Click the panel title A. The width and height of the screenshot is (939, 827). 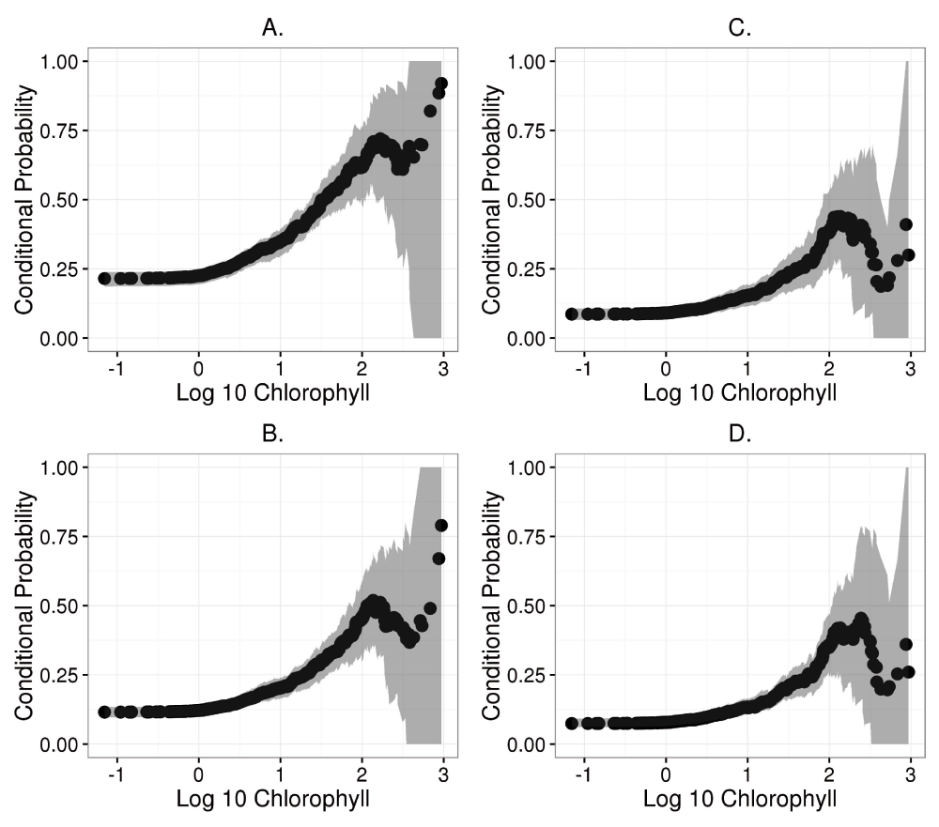point(272,28)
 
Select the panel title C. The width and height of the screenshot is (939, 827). point(740,28)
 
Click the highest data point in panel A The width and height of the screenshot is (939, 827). point(441,84)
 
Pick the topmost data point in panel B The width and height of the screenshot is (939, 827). point(441,525)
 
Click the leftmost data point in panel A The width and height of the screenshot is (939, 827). point(104,278)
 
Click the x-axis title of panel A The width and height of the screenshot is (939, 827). point(272,391)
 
